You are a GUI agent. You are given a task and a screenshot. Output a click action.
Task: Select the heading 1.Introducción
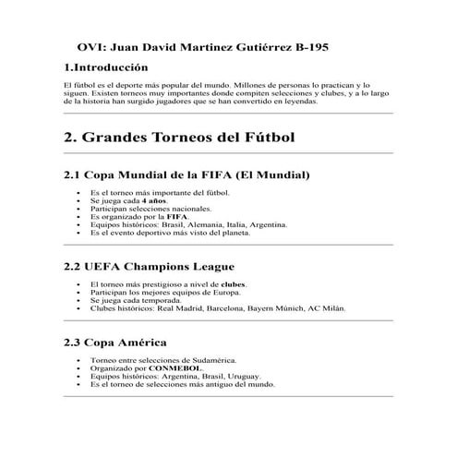106,68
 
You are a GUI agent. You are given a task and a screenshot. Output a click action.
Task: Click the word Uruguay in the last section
241,377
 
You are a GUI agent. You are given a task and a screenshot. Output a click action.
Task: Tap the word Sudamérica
211,360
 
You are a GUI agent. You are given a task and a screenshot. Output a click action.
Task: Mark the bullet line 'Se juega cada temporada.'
138,301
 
